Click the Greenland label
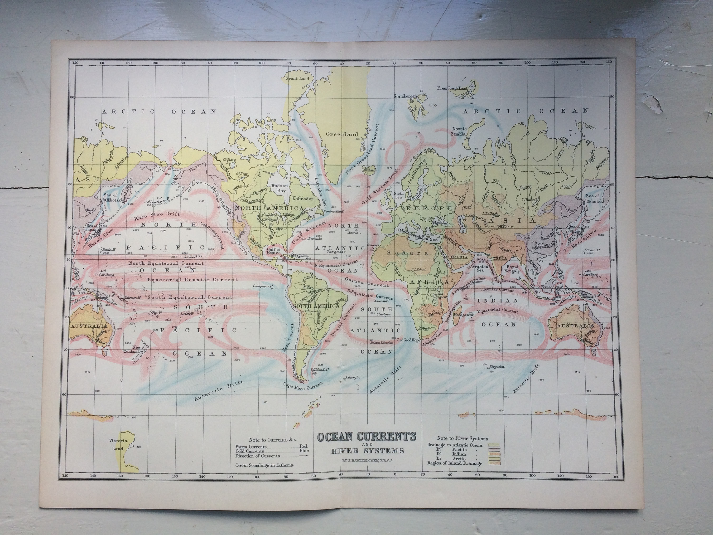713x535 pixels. click(x=342, y=134)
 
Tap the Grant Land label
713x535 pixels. click(x=297, y=78)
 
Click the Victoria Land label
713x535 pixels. click(x=118, y=444)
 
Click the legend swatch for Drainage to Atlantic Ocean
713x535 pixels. click(x=497, y=445)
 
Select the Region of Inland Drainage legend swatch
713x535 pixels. click(x=497, y=463)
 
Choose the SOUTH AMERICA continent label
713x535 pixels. click(x=316, y=306)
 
